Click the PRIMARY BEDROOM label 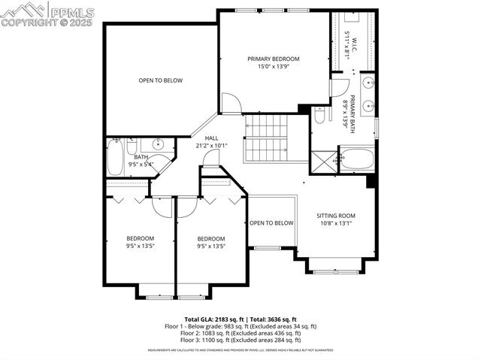click(x=274, y=59)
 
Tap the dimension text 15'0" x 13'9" click(x=274, y=67)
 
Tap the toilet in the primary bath click(x=320, y=117)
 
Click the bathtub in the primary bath click(x=356, y=159)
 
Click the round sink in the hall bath click(x=159, y=144)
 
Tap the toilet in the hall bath click(x=132, y=144)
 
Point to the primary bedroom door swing click(x=232, y=103)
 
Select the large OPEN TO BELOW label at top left click(x=160, y=80)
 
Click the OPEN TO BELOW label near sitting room click(x=271, y=223)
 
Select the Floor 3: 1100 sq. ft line click(x=240, y=340)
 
